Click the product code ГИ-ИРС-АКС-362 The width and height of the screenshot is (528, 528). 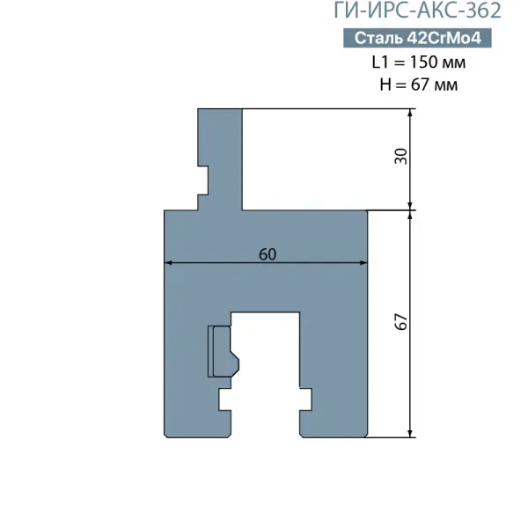(x=417, y=11)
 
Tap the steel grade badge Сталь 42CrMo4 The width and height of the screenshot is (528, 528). (x=417, y=38)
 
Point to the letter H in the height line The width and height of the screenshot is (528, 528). (x=385, y=84)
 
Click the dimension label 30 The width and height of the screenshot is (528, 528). (x=400, y=157)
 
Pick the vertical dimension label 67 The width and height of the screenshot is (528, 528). (x=400, y=322)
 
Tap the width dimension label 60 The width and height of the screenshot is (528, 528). (x=268, y=254)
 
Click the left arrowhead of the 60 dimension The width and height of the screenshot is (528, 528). (x=168, y=262)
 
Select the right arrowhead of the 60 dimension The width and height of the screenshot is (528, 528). (x=363, y=262)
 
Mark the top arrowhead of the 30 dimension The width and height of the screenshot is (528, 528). (x=410, y=113)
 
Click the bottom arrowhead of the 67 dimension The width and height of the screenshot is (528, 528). (x=410, y=434)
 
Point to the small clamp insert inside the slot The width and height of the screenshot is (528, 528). (x=224, y=351)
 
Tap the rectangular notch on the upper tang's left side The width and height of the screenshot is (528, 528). (x=202, y=180)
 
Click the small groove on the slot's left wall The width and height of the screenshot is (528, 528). (x=225, y=400)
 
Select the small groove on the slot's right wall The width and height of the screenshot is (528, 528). (x=305, y=400)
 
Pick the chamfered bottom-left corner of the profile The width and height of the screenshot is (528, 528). (x=166, y=436)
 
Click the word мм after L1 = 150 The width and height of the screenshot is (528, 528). (x=453, y=63)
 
